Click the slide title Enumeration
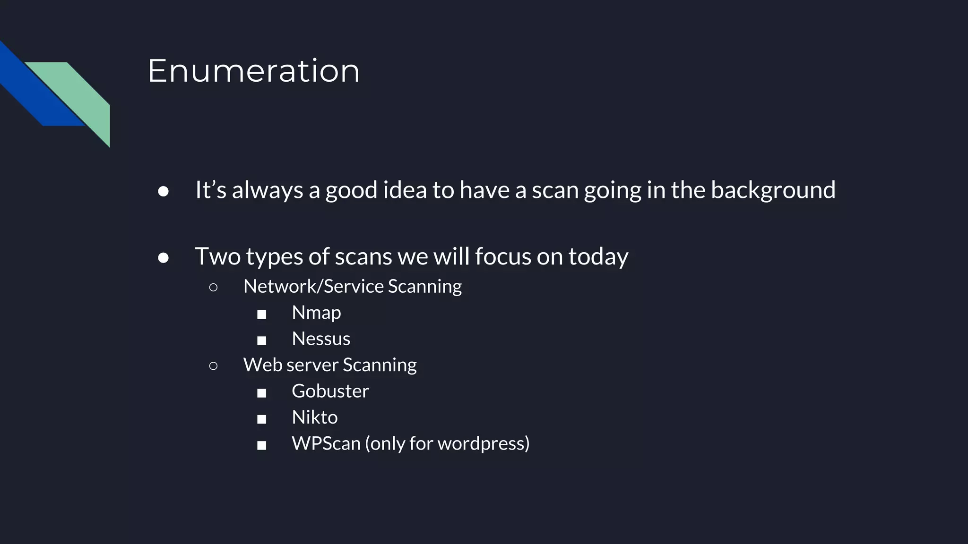254,71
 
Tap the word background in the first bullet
773,190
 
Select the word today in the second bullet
598,257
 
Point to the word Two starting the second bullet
217,257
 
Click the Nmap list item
316,313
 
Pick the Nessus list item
321,339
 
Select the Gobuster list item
330,391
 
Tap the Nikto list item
315,417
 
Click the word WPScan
326,443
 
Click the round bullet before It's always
164,191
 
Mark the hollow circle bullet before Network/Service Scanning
213,287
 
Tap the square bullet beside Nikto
261,419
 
